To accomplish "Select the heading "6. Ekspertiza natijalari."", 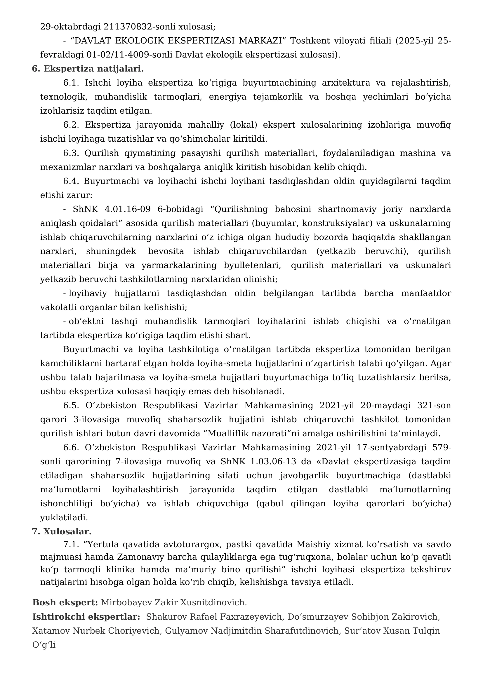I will (88, 69).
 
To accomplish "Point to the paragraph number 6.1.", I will (71, 83).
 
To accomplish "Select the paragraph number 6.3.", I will (71, 153).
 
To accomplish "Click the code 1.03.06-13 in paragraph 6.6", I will (273, 461).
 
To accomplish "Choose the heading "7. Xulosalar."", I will (62, 531).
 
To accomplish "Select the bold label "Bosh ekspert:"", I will (65, 602).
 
